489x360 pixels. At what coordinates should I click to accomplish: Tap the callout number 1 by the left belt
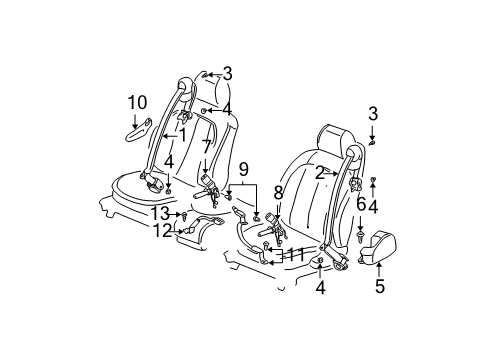181,135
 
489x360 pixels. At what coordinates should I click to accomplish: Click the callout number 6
361,203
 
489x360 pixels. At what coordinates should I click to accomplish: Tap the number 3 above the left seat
228,72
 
